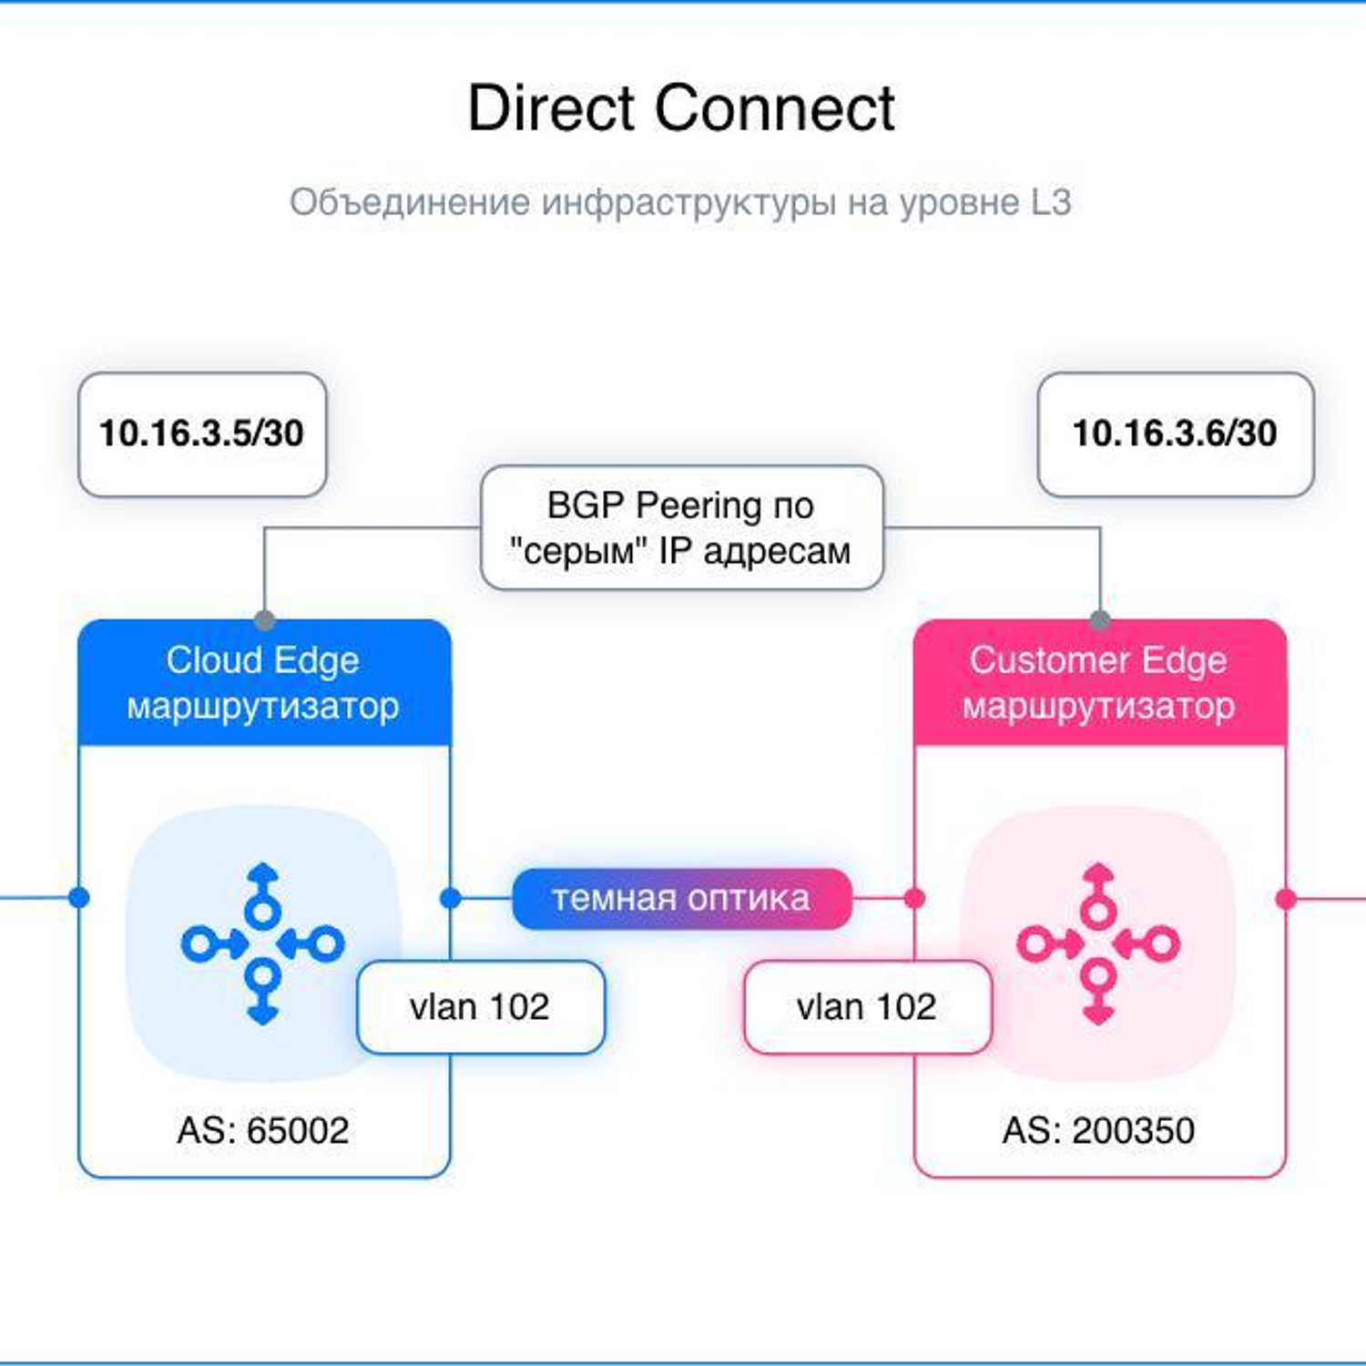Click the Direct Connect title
(681, 108)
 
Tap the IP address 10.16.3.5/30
(201, 433)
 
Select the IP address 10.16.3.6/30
(1175, 433)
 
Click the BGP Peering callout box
(681, 527)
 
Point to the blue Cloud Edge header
(264, 682)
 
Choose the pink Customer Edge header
(1099, 682)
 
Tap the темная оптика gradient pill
(682, 899)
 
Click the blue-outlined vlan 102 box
(481, 1007)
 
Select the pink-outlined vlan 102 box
(867, 1007)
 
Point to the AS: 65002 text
(263, 1131)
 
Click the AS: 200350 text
(1098, 1131)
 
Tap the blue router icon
(263, 943)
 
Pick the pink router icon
(1098, 943)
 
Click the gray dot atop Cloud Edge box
(265, 620)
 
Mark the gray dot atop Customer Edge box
(1100, 620)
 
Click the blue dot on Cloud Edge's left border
(79, 898)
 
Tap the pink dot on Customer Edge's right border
(1286, 899)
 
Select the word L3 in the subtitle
(1051, 202)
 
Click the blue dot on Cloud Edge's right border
(450, 899)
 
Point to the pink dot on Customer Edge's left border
(914, 899)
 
